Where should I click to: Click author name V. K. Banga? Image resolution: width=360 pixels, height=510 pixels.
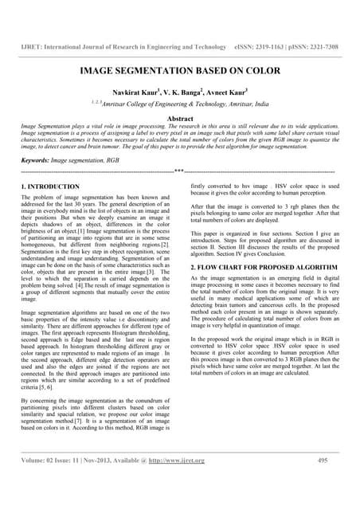[x=188, y=92]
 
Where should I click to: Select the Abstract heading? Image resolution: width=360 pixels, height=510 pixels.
[x=179, y=118]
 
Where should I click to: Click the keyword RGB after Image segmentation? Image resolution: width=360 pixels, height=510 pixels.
[x=116, y=159]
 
